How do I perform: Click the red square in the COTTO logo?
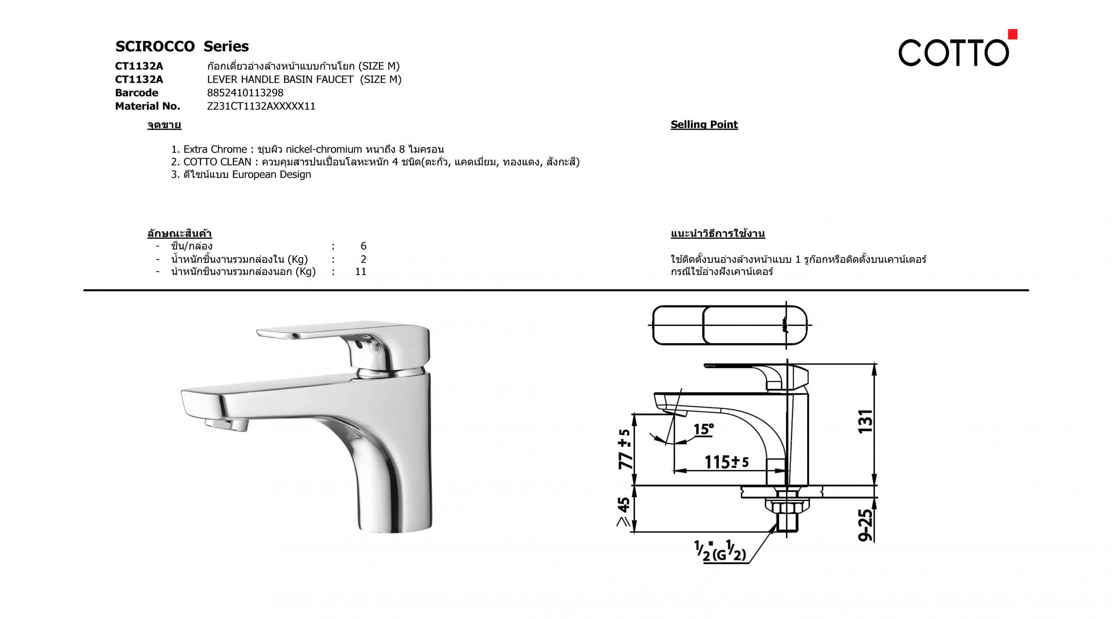coord(1012,34)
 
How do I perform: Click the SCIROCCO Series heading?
coord(182,46)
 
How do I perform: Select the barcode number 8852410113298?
coord(245,93)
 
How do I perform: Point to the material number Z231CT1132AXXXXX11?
coord(261,106)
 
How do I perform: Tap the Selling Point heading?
coord(704,125)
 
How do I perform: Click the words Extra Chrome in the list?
coord(215,149)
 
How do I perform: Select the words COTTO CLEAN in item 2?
coord(217,162)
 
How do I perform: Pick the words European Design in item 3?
coord(272,174)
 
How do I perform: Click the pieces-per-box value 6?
coord(364,246)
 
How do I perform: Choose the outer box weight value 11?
coord(360,272)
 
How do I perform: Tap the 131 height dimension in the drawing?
coord(866,421)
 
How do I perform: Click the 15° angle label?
coord(704,430)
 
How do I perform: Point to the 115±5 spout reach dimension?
coord(727,462)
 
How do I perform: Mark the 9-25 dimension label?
coord(866,525)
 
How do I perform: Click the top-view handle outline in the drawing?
coord(729,325)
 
